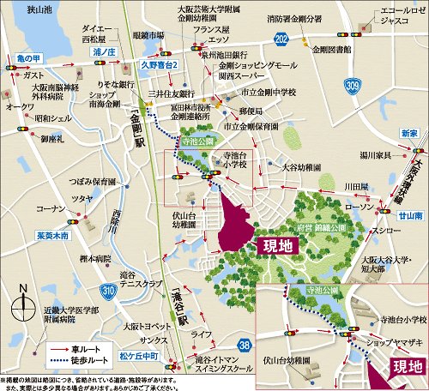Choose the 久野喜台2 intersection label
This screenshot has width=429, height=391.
[159, 65]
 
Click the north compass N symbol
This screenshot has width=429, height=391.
[27, 288]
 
